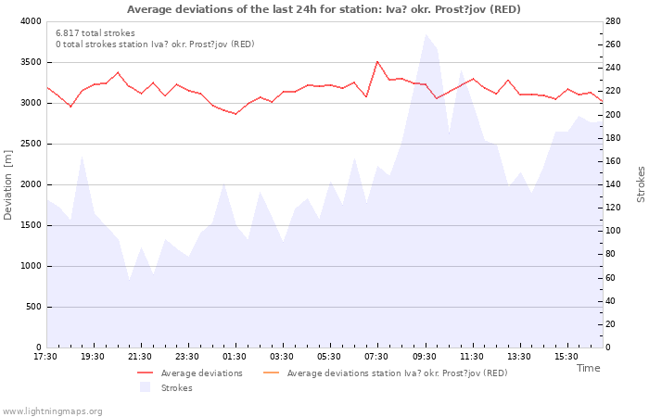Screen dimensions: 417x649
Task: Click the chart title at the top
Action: (x=324, y=9)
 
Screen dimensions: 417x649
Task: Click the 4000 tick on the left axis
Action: (x=31, y=21)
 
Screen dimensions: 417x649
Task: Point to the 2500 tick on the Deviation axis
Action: (x=31, y=144)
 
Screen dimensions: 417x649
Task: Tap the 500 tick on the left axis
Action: (x=33, y=307)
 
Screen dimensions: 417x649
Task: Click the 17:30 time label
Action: (x=45, y=357)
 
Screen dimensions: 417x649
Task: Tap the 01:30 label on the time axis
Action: (x=235, y=357)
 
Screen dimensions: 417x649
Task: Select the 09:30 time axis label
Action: (x=424, y=357)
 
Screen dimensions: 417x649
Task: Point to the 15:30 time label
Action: (x=566, y=357)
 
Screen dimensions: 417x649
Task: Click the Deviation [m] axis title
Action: (x=8, y=184)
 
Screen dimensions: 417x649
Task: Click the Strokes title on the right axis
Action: (x=641, y=184)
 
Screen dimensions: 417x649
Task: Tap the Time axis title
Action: (x=588, y=368)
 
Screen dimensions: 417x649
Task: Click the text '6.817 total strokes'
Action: (x=95, y=33)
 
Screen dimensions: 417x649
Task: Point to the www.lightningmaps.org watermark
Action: (x=52, y=411)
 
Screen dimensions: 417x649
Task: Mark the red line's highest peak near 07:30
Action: (x=377, y=62)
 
